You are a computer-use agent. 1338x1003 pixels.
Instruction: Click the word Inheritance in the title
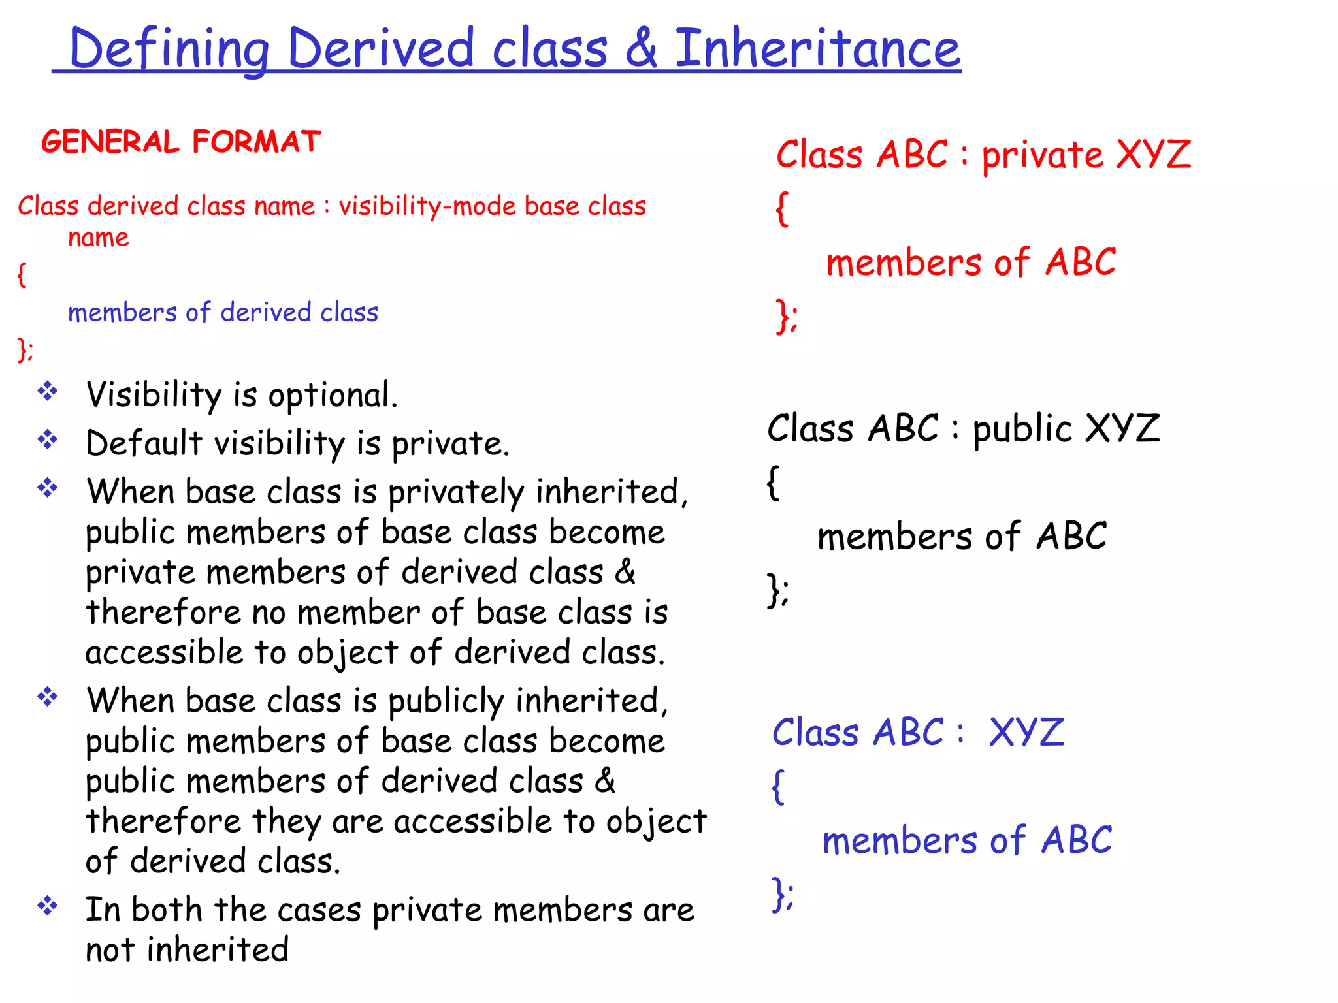817,49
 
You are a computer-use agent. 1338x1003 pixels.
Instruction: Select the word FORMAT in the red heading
257,142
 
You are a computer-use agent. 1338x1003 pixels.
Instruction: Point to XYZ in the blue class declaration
1026,732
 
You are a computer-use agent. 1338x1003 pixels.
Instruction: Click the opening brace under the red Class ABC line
782,209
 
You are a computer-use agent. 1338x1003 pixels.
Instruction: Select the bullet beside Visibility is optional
48,392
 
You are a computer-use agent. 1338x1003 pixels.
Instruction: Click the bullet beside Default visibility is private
48,440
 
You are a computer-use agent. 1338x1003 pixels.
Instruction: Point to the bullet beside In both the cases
48,906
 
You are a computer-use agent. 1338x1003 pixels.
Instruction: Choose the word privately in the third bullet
456,493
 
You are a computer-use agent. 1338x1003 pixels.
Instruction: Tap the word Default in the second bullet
144,443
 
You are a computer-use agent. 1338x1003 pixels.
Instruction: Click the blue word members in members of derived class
122,313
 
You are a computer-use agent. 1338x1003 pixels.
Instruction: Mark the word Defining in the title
169,49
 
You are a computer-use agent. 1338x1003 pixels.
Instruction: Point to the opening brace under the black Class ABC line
774,483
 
